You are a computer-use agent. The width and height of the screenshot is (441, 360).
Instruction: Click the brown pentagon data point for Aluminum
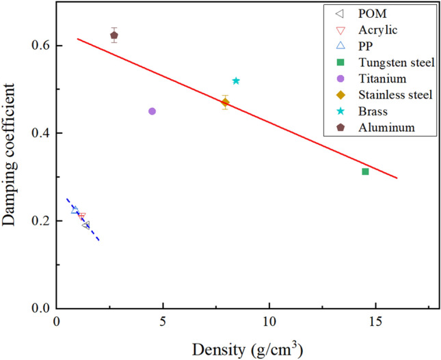114,36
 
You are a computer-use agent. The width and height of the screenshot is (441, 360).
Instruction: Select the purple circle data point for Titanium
152,111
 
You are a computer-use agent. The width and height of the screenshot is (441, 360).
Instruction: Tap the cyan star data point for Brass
236,81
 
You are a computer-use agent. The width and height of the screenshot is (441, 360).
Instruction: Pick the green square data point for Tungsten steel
365,171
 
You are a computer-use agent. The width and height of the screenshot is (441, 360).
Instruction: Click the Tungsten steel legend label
396,63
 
